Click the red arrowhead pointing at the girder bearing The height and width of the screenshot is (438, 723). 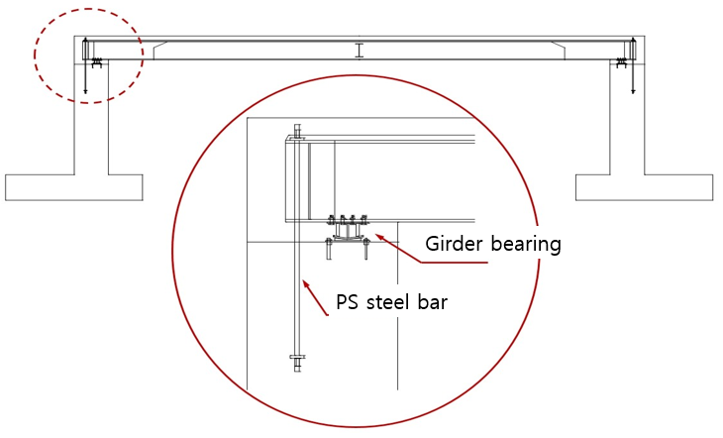click(376, 236)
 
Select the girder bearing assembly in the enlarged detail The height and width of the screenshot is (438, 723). click(347, 230)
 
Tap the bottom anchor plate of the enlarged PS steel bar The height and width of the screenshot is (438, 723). click(296, 357)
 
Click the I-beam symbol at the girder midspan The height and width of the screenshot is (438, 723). click(360, 50)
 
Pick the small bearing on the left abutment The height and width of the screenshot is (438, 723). click(97, 63)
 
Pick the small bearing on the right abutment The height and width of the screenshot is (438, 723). click(622, 63)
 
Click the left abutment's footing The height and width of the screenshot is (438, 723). click(74, 186)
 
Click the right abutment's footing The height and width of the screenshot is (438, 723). click(644, 186)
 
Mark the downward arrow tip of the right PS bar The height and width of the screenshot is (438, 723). click(633, 92)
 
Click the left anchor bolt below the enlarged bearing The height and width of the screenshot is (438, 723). click(328, 248)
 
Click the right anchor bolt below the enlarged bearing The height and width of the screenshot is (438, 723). click(366, 248)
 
